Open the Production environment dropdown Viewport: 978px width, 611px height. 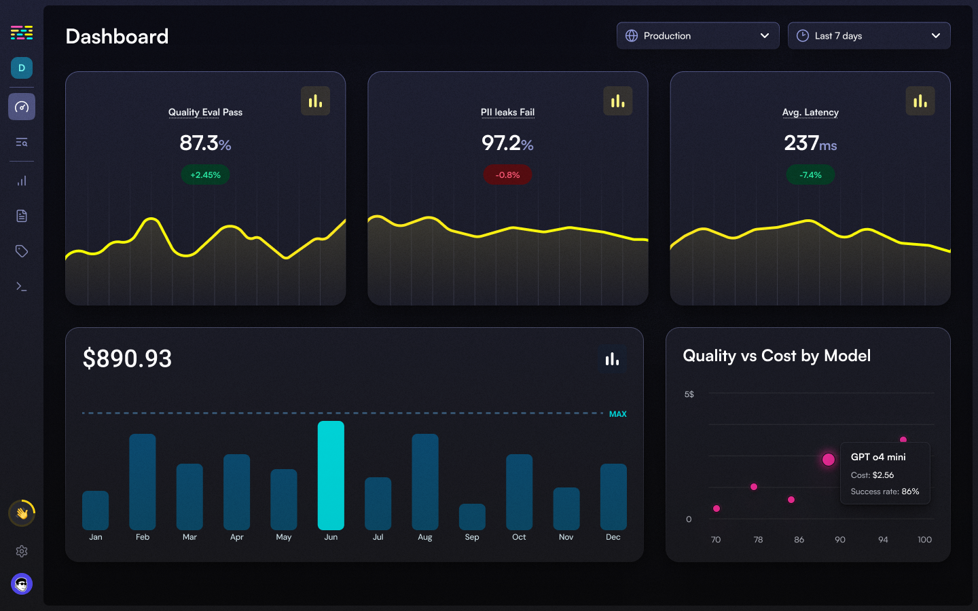(x=698, y=36)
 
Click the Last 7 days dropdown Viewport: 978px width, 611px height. (x=869, y=36)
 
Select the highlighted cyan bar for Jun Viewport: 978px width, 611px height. (x=331, y=475)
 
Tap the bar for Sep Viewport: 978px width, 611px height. (x=472, y=517)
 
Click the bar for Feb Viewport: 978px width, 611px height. (x=143, y=482)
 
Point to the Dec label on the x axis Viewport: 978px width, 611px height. (x=613, y=537)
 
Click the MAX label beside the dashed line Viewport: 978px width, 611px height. (x=617, y=414)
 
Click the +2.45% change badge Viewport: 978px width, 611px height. (x=205, y=175)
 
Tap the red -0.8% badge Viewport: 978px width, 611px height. (x=507, y=175)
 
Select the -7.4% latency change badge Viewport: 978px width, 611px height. (x=810, y=175)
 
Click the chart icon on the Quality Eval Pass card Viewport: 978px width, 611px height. (x=315, y=101)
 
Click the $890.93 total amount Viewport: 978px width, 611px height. (x=127, y=358)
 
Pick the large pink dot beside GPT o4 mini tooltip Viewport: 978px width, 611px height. (x=828, y=460)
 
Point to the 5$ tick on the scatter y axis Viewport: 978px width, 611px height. (x=689, y=394)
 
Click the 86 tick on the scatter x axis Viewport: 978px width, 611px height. (x=799, y=540)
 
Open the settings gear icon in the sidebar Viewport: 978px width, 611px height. (x=22, y=551)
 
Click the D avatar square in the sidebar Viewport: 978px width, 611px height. (x=22, y=68)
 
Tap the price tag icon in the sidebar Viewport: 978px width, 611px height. (x=22, y=251)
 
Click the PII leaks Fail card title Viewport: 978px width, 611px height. (x=507, y=112)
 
